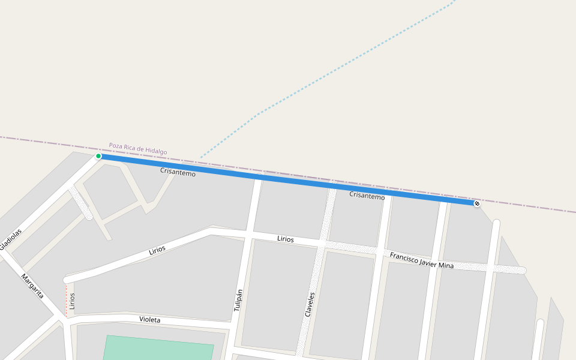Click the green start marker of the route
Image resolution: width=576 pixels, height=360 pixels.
pos(98,156)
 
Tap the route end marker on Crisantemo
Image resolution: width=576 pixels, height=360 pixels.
pos(477,203)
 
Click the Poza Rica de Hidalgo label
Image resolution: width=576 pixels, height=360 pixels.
pos(138,148)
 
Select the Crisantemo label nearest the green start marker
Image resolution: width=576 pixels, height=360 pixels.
pos(178,172)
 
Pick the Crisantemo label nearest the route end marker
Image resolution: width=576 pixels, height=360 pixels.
pos(367,196)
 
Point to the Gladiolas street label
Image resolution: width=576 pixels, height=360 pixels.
pos(11,239)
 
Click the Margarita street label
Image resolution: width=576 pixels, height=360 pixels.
pos(32,286)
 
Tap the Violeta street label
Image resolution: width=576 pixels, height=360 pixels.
pos(149,320)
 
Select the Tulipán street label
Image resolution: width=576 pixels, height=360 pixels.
pos(238,300)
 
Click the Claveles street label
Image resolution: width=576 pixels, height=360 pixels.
pos(310,304)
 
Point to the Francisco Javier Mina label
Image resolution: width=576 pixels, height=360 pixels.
pos(421,260)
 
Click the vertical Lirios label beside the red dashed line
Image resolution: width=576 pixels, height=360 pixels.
pos(72,301)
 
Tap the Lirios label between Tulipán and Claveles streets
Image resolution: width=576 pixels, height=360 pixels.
pos(286,239)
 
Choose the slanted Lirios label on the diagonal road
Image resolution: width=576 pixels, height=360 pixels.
pos(157,250)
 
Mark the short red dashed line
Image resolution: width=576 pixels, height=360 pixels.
pos(66,298)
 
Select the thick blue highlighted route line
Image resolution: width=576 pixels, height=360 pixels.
pos(288,179)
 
